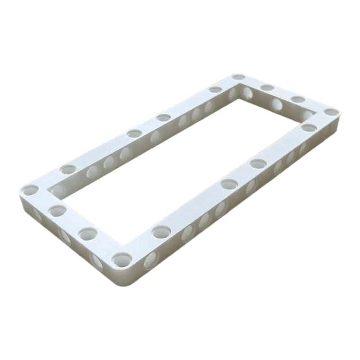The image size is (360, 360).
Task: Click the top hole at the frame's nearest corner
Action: click(x=122, y=259)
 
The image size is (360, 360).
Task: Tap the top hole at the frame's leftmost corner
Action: click(x=31, y=190)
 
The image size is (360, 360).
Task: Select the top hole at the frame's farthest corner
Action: click(x=238, y=77)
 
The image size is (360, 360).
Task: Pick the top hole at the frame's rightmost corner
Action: click(x=331, y=112)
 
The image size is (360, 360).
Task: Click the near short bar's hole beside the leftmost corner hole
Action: click(x=58, y=210)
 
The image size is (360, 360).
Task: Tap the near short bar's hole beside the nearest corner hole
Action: click(x=88, y=234)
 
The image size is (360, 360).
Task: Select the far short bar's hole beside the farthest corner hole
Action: click(x=267, y=88)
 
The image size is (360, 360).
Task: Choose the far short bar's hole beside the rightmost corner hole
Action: click(x=297, y=99)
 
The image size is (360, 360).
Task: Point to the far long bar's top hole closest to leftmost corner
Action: click(x=68, y=170)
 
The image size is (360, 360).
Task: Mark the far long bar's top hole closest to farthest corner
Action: click(x=216, y=90)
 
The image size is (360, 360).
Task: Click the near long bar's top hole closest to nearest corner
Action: click(x=161, y=232)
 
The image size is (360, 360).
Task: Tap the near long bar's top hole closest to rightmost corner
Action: click(x=309, y=127)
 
